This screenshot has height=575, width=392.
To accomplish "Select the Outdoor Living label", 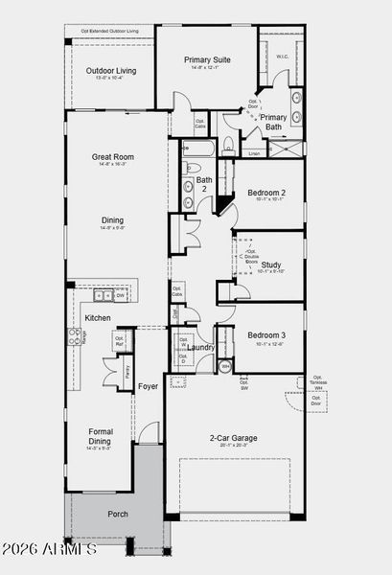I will coord(111,71).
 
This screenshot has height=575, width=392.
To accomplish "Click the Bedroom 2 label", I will coord(265,192).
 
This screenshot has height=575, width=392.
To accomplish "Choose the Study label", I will coord(271,264).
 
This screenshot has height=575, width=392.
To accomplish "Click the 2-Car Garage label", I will coord(233,438).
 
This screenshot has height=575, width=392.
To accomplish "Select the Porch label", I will coord(118,514).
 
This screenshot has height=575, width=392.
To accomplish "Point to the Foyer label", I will coord(148,386).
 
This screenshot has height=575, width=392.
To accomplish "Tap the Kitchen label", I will coord(98,317).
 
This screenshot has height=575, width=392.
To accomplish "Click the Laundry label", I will coord(200,347).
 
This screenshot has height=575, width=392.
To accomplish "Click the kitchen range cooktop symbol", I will coord(73,336).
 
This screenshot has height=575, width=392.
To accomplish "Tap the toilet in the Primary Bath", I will coord(228,145).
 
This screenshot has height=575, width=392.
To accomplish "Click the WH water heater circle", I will coord(225,367).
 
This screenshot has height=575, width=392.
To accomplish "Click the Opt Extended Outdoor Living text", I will coord(109,32).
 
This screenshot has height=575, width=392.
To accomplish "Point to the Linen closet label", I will coord(253,153).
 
